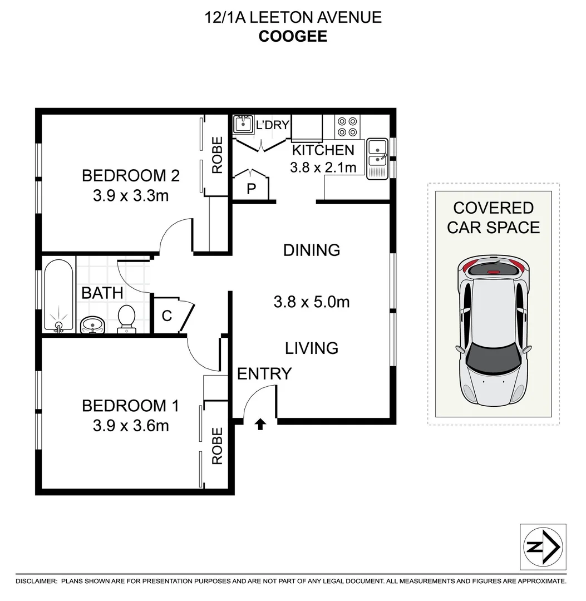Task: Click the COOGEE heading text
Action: (x=293, y=36)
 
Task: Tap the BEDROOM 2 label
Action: (x=130, y=176)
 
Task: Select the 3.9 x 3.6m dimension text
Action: (x=130, y=426)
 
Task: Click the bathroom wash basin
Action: (x=92, y=324)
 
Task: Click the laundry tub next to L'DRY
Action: (x=243, y=124)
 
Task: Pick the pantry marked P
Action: (x=251, y=189)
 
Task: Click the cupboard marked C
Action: (x=166, y=316)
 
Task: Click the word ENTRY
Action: (x=264, y=374)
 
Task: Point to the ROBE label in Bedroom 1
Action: (x=216, y=446)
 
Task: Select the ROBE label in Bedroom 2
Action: (x=216, y=155)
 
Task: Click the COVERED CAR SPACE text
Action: (x=493, y=218)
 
